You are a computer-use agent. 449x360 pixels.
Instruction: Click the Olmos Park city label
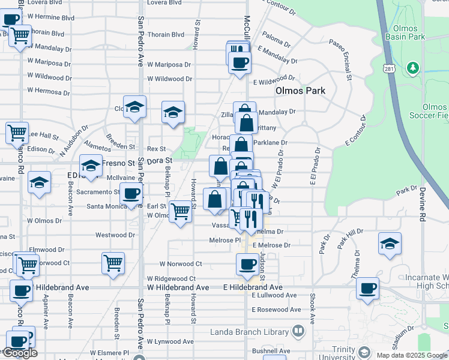click(300, 91)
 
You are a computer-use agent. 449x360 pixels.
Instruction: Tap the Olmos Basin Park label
click(408, 32)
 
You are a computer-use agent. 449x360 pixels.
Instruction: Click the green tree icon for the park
click(412, 68)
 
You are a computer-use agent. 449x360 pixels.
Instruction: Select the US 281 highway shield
click(388, 70)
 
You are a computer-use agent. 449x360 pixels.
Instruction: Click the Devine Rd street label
click(423, 206)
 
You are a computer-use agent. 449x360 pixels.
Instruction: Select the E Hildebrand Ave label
click(261, 287)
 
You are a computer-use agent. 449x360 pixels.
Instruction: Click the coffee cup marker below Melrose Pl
click(246, 264)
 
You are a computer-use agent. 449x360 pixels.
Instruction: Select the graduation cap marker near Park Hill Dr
click(390, 244)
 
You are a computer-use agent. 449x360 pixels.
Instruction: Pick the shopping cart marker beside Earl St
click(180, 211)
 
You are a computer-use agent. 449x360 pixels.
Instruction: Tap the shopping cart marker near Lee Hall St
click(17, 131)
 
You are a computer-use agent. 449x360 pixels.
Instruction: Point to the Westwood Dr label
click(115, 235)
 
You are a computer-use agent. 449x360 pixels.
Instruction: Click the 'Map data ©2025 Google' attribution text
click(411, 355)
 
